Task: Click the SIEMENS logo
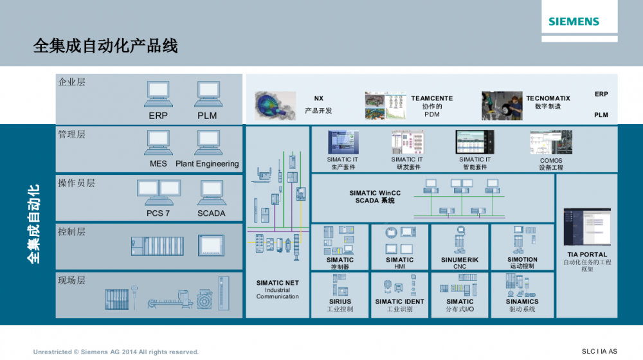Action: coord(574,22)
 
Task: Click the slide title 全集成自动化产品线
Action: coord(105,46)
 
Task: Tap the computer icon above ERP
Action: coord(158,94)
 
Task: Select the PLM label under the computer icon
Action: coord(207,116)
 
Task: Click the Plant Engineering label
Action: coord(207,164)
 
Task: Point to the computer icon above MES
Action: coord(158,143)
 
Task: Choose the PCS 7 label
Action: coord(158,213)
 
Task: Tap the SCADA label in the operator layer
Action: coord(212,213)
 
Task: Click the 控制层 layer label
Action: coord(71,231)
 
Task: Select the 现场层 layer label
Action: coord(71,280)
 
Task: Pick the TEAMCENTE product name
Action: coord(432,98)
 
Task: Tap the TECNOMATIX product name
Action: coord(548,98)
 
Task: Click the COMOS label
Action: coord(551,161)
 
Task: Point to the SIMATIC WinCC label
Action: coord(376,193)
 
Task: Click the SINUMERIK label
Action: coord(460,260)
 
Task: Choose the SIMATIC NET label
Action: coord(278,283)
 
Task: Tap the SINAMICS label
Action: coord(522,301)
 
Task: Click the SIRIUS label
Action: coord(340,301)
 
